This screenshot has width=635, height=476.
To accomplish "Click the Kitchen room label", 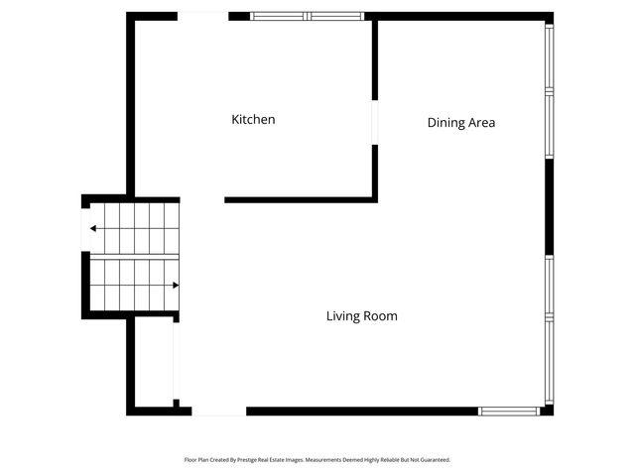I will tap(253, 120).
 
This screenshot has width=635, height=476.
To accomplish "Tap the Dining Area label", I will tap(460, 123).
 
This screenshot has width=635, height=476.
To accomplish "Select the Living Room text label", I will tap(361, 316).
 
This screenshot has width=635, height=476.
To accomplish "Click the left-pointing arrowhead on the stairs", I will tap(93, 228).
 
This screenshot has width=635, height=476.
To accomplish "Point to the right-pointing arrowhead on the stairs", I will tap(176, 286).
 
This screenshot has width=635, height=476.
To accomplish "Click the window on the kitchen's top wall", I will tap(307, 16).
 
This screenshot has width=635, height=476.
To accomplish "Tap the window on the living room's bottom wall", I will tap(509, 411).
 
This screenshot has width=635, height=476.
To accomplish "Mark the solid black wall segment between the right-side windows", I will tap(549, 206).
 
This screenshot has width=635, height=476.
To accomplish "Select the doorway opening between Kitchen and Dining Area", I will tap(374, 123).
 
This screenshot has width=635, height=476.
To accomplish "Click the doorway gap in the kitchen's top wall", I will tap(203, 16).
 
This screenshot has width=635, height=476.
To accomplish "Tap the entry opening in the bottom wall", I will tap(218, 411).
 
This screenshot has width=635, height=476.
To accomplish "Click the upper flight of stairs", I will tap(134, 228).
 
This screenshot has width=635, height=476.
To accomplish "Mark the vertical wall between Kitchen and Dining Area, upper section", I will tap(374, 59).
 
